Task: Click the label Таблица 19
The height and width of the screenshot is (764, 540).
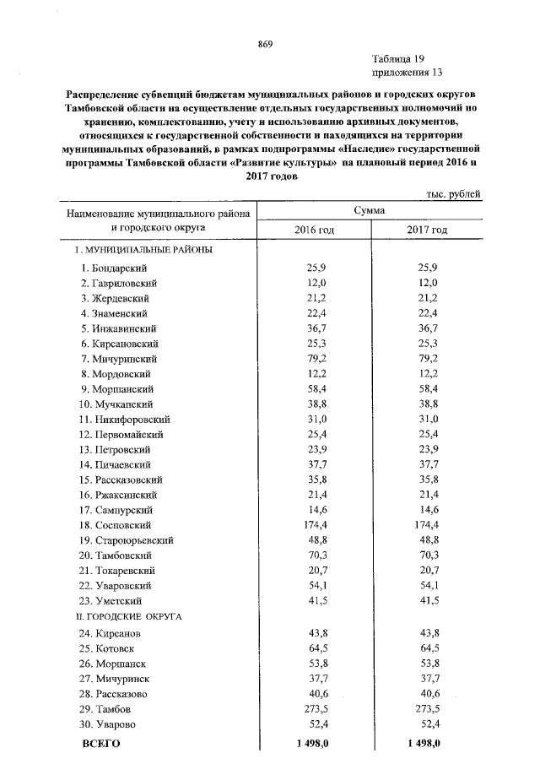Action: pos(397,58)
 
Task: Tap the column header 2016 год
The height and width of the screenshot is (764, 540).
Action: pos(314,230)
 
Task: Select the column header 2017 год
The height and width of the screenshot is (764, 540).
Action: pos(427,230)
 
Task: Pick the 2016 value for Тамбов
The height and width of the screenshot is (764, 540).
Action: pos(317,708)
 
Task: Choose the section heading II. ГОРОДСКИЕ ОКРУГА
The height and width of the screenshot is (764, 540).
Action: pos(129,617)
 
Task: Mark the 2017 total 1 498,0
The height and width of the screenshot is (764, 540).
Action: pos(423,743)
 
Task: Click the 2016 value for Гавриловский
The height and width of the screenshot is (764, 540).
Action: pos(317,282)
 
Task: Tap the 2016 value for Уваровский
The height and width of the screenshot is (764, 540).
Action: pos(317,586)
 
